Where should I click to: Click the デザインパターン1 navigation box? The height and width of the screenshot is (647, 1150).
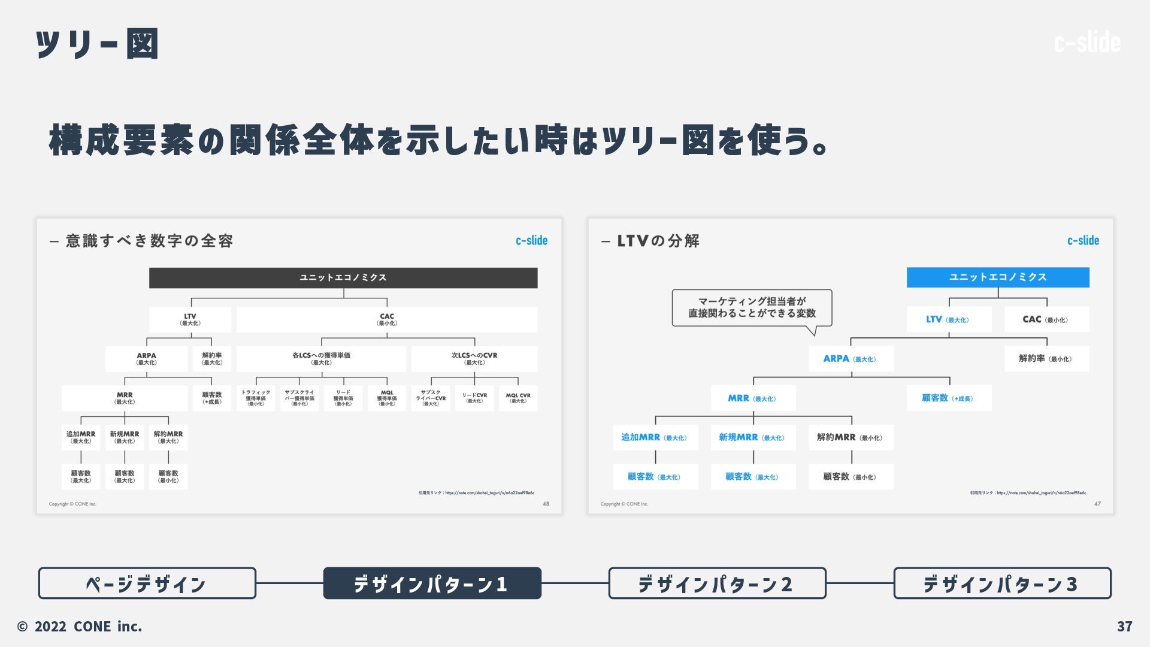coord(432,583)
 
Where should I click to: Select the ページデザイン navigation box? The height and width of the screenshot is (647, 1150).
coord(147,583)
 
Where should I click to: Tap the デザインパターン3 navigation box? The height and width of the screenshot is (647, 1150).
coord(1002,583)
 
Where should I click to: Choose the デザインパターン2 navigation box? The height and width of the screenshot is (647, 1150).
coord(717,583)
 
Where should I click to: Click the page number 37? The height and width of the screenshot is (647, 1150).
coord(1124,626)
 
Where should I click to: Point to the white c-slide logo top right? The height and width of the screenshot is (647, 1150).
coord(1087,43)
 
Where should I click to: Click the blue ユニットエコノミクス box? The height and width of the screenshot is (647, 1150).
coord(997,277)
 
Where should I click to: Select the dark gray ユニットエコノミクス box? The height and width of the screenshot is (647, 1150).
coord(343,277)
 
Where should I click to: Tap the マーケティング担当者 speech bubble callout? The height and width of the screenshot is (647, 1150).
coord(752,307)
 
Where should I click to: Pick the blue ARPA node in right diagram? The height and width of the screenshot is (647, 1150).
coord(851,359)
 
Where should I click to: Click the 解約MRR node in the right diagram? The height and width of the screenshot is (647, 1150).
coord(851,437)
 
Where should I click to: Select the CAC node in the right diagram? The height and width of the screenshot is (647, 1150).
coord(1046,319)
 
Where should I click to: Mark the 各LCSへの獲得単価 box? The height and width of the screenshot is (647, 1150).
coord(321,358)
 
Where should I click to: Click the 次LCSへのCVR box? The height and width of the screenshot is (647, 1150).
coord(474,358)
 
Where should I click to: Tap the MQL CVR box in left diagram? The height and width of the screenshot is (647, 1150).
coord(517,398)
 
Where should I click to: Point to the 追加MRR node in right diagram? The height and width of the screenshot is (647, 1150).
coord(655,437)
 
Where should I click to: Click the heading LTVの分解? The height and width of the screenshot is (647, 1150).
coord(658,241)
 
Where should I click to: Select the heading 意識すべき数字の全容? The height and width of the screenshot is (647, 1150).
coord(149,241)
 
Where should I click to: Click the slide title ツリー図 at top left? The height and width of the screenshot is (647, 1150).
coord(97,44)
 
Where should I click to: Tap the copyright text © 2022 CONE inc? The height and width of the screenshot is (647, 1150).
coord(80,626)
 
